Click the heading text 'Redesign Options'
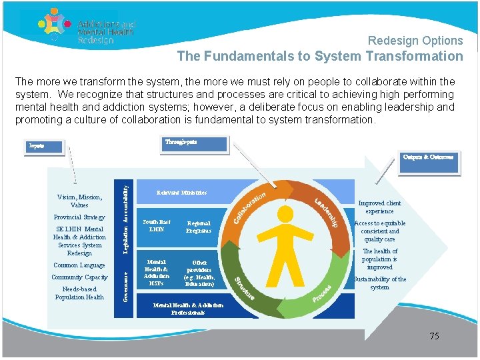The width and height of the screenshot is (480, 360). point(415,41)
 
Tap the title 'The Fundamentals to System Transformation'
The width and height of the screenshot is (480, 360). point(319,57)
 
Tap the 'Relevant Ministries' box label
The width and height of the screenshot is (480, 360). point(181,193)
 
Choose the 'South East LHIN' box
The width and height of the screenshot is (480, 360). point(157,226)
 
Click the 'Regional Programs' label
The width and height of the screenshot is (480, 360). point(199,227)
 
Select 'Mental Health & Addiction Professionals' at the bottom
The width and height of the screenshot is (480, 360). point(187,308)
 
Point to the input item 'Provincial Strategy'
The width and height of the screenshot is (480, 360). point(79,217)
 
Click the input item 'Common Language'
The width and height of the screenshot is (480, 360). point(79,265)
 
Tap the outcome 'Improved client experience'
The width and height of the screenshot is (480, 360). point(379,207)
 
